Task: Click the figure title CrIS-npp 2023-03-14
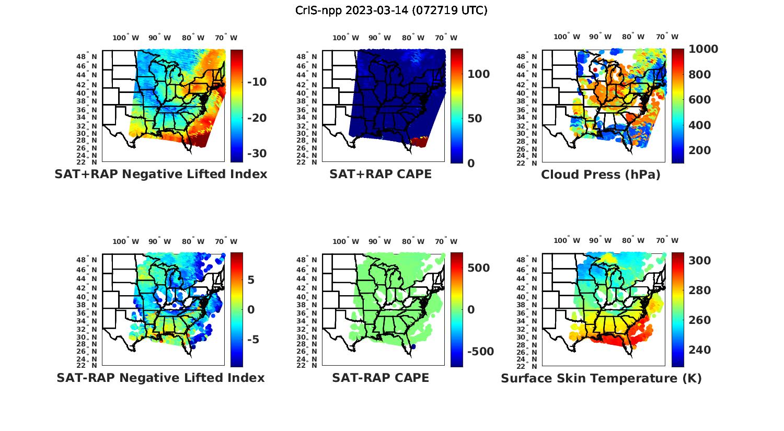pyautogui.click(x=391, y=10)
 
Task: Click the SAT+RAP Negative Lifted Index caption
pyautogui.click(x=161, y=174)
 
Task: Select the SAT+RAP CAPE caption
pyautogui.click(x=381, y=174)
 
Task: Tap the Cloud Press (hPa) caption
pyautogui.click(x=601, y=174)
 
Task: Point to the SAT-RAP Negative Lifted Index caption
pyautogui.click(x=161, y=378)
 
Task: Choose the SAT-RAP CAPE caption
pyautogui.click(x=381, y=378)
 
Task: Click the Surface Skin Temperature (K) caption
pyautogui.click(x=601, y=378)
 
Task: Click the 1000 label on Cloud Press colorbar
pyautogui.click(x=703, y=49)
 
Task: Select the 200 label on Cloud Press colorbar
pyautogui.click(x=700, y=150)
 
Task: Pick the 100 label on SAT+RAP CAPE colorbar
pyautogui.click(x=479, y=74)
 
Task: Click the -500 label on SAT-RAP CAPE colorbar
pyautogui.click(x=480, y=352)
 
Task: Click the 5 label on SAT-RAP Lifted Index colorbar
pyautogui.click(x=251, y=280)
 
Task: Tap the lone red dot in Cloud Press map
pyautogui.click(x=595, y=70)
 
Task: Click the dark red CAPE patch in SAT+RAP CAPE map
pyautogui.click(x=419, y=141)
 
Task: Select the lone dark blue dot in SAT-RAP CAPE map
pyautogui.click(x=413, y=346)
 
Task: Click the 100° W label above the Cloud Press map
pyautogui.click(x=567, y=37)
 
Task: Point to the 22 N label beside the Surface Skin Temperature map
pyautogui.click(x=531, y=365)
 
